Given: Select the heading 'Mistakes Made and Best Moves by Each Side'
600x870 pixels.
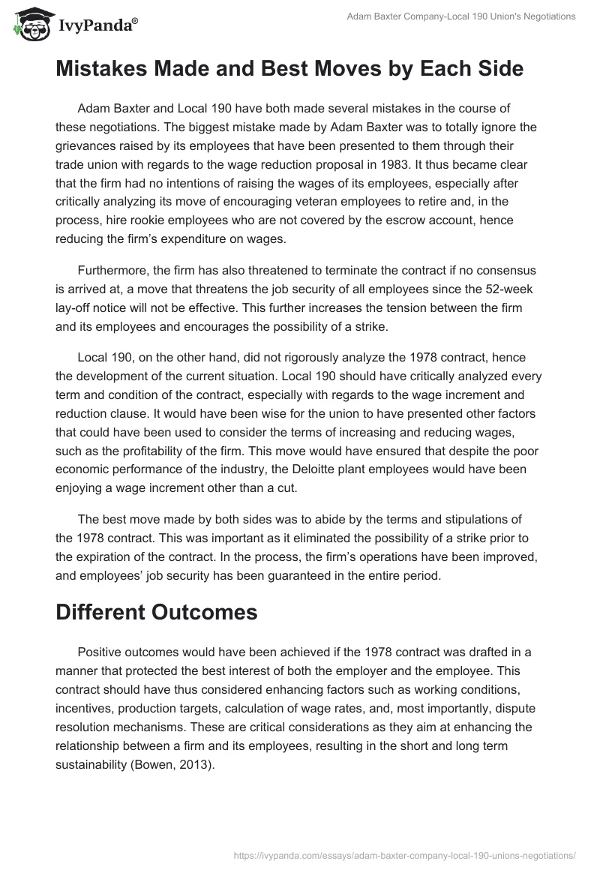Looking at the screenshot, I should pyautogui.click(x=289, y=69).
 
